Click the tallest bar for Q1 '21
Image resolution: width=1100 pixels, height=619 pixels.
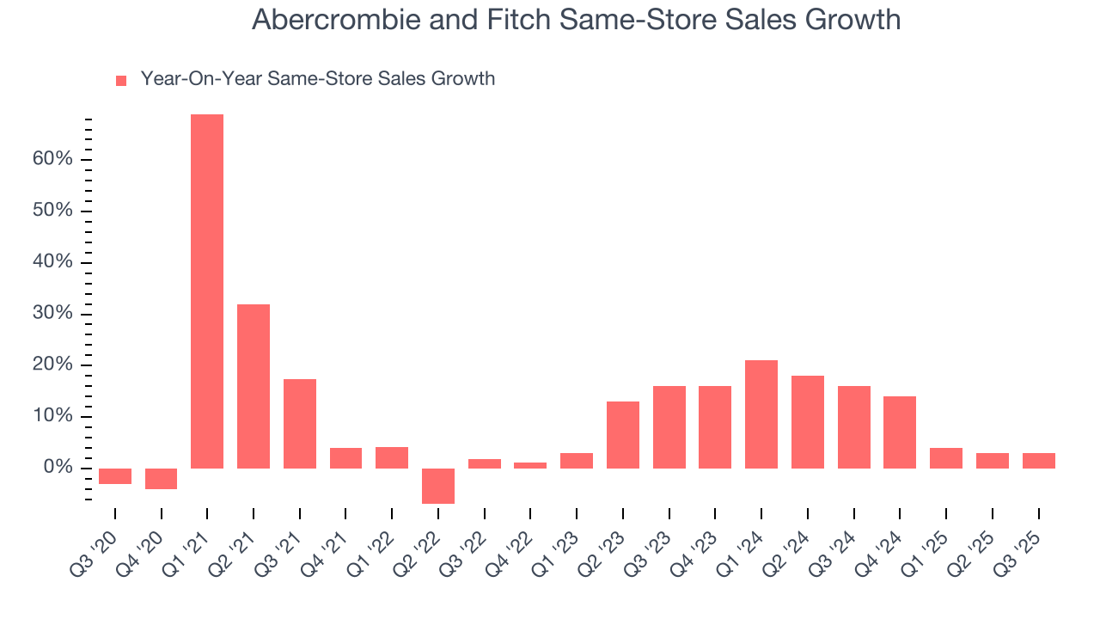(207, 291)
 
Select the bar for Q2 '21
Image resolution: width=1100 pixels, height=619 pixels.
(254, 386)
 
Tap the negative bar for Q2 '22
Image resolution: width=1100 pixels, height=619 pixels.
(438, 486)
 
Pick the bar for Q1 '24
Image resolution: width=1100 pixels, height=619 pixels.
(761, 414)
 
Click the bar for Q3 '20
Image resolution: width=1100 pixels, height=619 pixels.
(115, 476)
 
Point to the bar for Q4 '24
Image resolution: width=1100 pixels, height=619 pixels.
(900, 432)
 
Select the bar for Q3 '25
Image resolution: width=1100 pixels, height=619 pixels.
(1038, 461)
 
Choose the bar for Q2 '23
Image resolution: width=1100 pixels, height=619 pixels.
(623, 435)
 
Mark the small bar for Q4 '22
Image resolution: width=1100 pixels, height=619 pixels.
(530, 465)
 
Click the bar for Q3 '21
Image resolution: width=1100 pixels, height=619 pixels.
(300, 424)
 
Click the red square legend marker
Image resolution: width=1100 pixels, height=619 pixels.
(121, 81)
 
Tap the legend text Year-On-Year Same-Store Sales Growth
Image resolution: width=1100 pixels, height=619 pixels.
(318, 79)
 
